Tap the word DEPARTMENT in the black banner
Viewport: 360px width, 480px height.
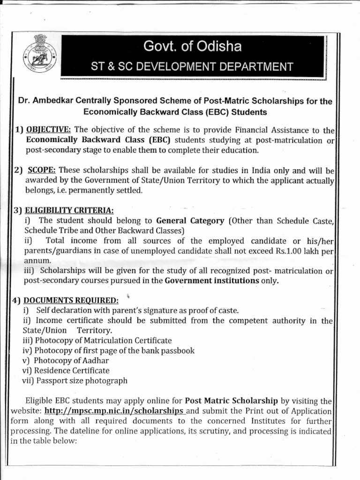click(x=253, y=67)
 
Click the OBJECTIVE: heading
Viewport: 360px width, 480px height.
click(x=49, y=129)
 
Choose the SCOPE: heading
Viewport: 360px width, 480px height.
click(x=42, y=170)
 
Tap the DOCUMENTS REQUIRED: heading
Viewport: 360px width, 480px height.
click(x=71, y=300)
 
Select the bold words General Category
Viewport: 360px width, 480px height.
click(x=190, y=221)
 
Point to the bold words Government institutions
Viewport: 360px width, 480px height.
click(x=212, y=281)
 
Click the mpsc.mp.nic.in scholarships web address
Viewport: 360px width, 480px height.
click(x=114, y=411)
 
